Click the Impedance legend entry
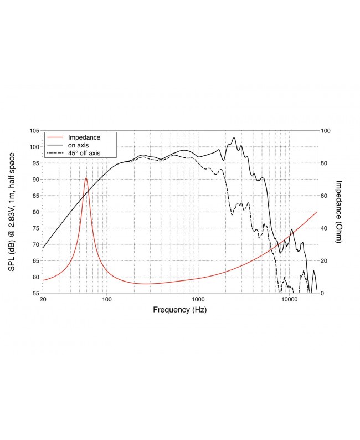(83, 137)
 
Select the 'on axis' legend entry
(78, 145)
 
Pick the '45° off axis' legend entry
(84, 152)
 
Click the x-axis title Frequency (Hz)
(179, 310)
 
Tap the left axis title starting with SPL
(12, 212)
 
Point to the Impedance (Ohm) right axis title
(339, 212)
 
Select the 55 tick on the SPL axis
(35, 293)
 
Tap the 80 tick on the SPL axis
(35, 212)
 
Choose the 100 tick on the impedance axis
(326, 131)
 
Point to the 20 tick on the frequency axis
(43, 300)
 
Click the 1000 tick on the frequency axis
(198, 300)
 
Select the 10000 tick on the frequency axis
(290, 300)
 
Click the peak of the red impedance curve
(86, 178)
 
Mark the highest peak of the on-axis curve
(234, 137)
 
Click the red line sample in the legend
(56, 137)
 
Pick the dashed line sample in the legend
(56, 152)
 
